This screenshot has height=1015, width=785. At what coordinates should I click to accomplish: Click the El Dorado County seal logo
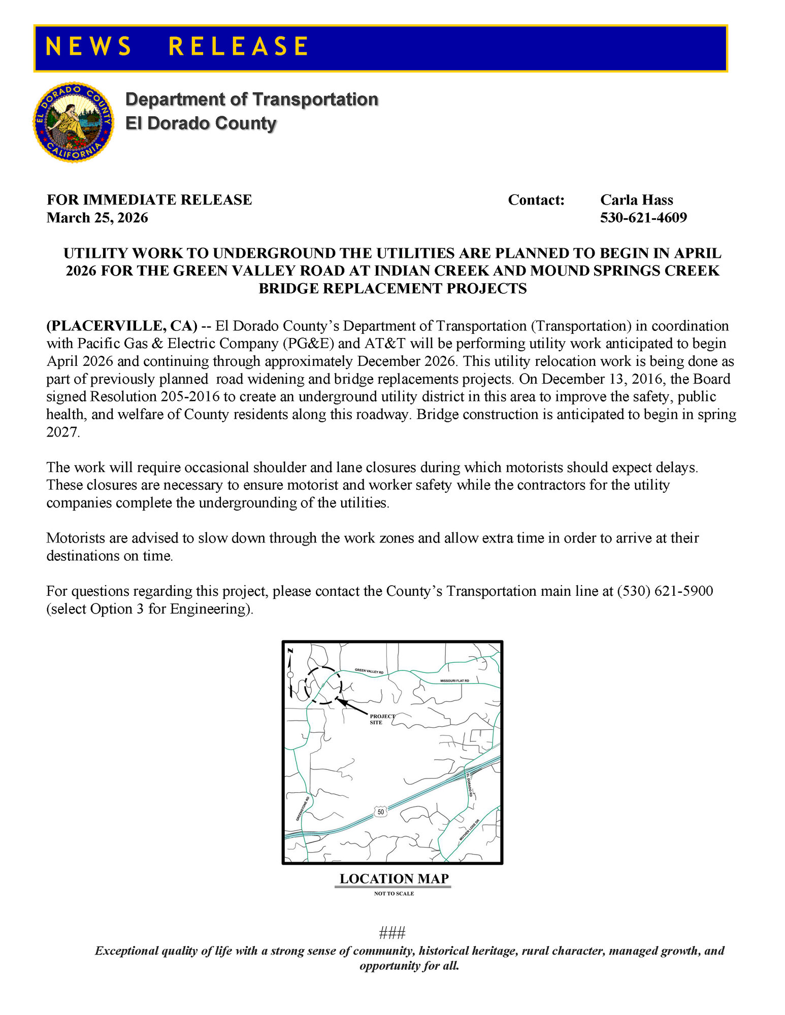coord(74,122)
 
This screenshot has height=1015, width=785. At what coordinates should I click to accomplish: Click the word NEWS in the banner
coord(88,47)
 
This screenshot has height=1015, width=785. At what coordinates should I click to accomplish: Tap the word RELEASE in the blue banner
coord(238,47)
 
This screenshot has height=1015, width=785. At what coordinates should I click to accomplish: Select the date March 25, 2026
coord(97,218)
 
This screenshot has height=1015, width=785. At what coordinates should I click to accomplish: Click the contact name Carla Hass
coord(636,200)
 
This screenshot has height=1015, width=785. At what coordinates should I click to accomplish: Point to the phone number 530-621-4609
coord(643,218)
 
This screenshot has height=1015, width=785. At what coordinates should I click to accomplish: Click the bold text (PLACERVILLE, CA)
coord(122,326)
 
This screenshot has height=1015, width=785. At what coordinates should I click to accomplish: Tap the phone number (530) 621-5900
coord(665,591)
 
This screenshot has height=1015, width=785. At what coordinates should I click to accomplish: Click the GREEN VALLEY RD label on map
coord(369,671)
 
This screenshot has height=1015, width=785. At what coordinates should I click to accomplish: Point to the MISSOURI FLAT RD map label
coord(454,681)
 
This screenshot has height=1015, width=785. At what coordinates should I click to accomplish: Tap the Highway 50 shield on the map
coord(381,812)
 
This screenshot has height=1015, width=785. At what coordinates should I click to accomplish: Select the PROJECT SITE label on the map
coord(382,719)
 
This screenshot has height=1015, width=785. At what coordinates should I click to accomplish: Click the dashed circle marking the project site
coord(323,686)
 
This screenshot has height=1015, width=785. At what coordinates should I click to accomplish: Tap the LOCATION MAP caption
coord(394,879)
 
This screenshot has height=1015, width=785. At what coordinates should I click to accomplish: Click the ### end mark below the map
coord(392,933)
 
